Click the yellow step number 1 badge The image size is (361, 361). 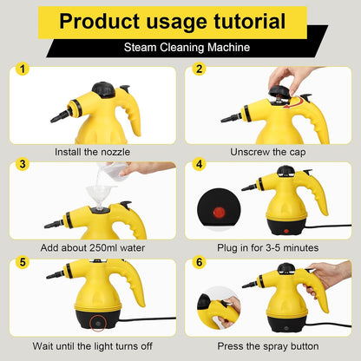click(x=23, y=69)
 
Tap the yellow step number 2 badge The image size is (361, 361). click(x=200, y=69)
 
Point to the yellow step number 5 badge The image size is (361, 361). click(x=23, y=259)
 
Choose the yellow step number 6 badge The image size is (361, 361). click(x=200, y=259)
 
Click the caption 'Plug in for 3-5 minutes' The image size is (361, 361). click(x=269, y=247)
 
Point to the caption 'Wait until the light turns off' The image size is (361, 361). click(x=93, y=345)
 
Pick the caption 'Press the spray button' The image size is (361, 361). click(x=269, y=345)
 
